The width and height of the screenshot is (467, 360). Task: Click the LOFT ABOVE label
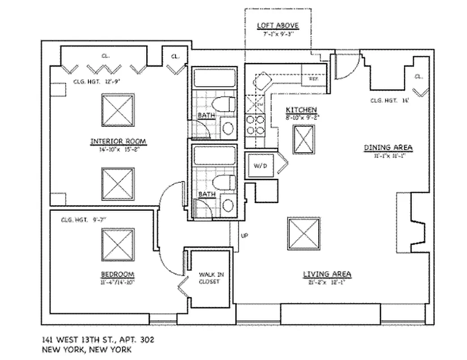coord(278,26)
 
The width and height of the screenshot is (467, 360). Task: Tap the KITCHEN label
coord(301,110)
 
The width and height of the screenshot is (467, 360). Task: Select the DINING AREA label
coord(388,148)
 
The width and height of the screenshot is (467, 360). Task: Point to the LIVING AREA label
coord(327,274)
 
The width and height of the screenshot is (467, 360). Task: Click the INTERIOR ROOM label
coord(118,142)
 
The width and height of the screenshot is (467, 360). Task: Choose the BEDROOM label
coord(118,274)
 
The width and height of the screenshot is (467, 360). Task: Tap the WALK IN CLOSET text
coord(209,278)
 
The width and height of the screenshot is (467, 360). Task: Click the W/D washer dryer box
coord(260,166)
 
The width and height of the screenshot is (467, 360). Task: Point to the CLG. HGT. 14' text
coord(390,100)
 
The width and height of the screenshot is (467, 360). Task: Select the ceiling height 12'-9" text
coord(97,82)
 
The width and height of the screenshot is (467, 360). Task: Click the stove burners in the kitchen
coord(255,125)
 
